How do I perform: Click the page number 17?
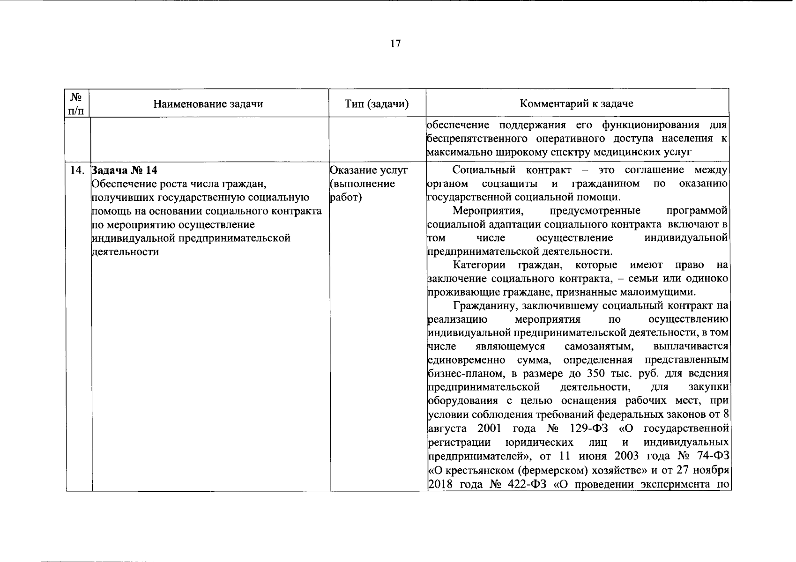coord(395,44)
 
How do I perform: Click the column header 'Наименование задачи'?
coord(208,104)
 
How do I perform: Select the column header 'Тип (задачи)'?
coord(376,104)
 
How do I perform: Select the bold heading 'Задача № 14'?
coord(123,170)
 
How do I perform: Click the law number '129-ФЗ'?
coord(586,429)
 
